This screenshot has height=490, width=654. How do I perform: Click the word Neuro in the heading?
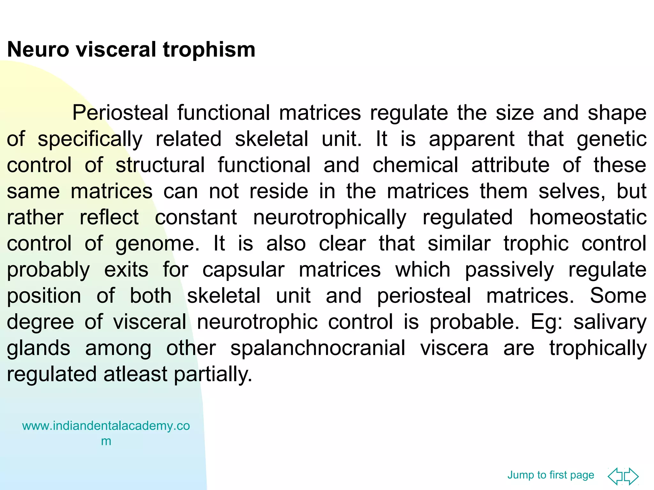(x=38, y=50)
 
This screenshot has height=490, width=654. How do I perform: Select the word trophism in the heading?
(x=209, y=50)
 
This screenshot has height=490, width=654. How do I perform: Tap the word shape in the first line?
(x=617, y=113)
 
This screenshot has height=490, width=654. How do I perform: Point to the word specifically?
(x=90, y=139)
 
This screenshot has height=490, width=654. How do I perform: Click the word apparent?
(x=471, y=139)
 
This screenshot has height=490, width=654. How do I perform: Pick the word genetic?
(x=612, y=139)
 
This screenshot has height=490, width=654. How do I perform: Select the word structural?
(x=160, y=165)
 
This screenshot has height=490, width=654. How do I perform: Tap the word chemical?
(x=415, y=165)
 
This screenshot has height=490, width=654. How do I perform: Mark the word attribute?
(x=510, y=165)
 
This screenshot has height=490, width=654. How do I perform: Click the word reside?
(x=278, y=191)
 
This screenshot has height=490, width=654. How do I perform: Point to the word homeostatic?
(x=588, y=218)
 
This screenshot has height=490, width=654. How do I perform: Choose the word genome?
(x=157, y=244)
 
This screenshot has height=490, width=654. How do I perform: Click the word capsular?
(x=243, y=270)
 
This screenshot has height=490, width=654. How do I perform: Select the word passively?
(x=509, y=270)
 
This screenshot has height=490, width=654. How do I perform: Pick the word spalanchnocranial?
(x=318, y=348)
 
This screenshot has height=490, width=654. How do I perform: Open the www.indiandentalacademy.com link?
(x=106, y=426)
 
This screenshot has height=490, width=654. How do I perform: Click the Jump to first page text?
(x=551, y=475)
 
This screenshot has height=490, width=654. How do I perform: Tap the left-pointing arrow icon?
(x=615, y=476)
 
